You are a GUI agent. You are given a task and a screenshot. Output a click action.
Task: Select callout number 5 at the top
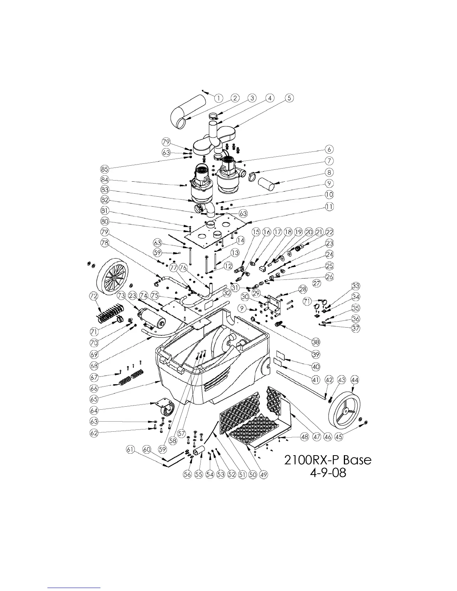tap(289, 98)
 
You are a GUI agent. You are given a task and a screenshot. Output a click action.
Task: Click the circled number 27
tap(317, 284)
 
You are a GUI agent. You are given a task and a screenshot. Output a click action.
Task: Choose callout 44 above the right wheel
tap(355, 380)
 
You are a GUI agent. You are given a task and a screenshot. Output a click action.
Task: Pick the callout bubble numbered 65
tap(94, 398)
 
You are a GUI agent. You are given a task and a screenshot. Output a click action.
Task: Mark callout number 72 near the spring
tap(94, 296)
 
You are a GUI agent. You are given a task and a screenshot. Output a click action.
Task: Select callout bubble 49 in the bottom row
tap(264, 474)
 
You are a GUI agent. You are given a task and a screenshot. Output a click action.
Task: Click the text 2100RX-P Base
tap(328, 460)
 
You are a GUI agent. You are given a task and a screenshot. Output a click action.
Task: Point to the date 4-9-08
tap(328, 473)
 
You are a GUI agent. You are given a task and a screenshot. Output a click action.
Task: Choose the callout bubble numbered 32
tap(226, 293)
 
